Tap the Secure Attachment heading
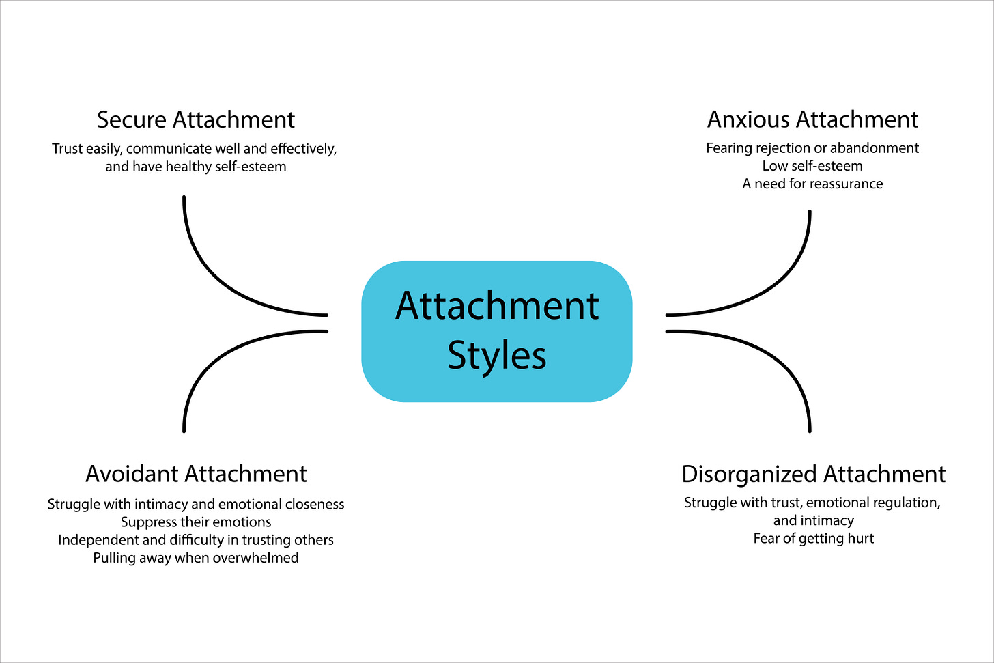coord(196,119)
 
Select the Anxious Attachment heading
coord(812,119)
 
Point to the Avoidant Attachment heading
coord(196,474)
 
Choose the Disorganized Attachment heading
coord(813,474)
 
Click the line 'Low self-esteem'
coord(812,166)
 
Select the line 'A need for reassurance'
coord(812,184)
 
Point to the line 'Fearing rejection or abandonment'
coord(812,148)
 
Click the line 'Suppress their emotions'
coord(196,522)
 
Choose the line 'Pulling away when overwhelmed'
coord(196,558)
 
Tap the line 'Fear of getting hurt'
coord(813,539)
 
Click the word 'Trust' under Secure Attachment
coord(67,149)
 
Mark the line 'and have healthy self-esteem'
coord(196,167)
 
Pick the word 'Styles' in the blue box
coord(497,356)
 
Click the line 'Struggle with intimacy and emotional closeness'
coord(196,505)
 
